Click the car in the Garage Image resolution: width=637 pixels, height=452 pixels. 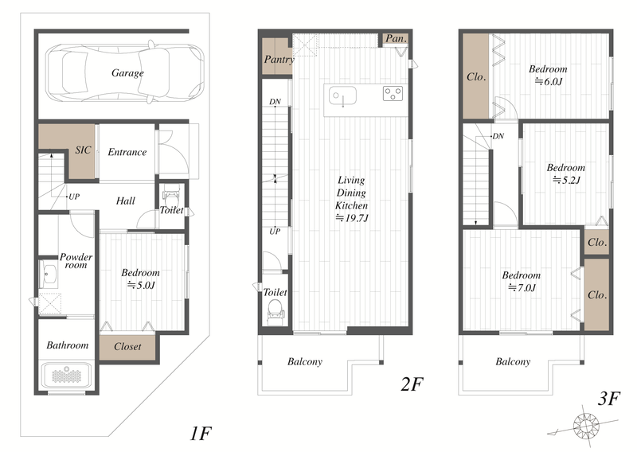tap(125, 72)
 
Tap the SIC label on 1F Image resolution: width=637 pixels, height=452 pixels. tap(83, 150)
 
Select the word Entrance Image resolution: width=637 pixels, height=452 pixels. tap(127, 152)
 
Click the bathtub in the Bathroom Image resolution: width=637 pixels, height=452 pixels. tap(67, 376)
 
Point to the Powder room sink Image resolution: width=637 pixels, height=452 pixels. tap(49, 274)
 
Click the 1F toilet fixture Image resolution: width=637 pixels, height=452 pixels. tap(171, 197)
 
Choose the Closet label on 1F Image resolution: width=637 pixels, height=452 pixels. tap(127, 346)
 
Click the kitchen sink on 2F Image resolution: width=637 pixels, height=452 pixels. tap(342, 95)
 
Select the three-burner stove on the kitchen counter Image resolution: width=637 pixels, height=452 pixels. tap(393, 93)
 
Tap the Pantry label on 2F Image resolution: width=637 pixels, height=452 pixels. tap(279, 60)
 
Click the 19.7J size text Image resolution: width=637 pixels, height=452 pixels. tap(352, 218)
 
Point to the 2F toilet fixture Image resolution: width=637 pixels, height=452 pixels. tap(275, 312)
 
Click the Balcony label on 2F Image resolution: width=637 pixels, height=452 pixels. tap(305, 361)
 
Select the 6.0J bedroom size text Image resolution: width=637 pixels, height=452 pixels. tap(548, 81)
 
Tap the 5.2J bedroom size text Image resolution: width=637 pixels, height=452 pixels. tap(566, 180)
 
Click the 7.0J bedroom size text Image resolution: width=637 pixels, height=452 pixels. tap(522, 287)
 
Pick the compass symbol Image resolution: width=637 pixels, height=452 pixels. tap(585, 425)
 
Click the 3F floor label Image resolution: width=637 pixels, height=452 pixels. tap(608, 399)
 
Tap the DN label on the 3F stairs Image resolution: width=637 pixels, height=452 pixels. tap(498, 136)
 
